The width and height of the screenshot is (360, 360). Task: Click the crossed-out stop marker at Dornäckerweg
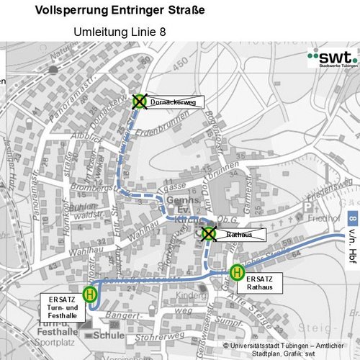pos(139,102)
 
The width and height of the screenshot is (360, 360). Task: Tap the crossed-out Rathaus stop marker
pos(208,233)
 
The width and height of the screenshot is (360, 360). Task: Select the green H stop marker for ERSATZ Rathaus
pos(236,271)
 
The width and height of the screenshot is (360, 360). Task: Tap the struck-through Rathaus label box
pos(240,234)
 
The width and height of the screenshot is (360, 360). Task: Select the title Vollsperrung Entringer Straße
pos(120,11)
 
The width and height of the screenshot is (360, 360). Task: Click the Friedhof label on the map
pos(318,215)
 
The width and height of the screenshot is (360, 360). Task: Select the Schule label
pos(109,335)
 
